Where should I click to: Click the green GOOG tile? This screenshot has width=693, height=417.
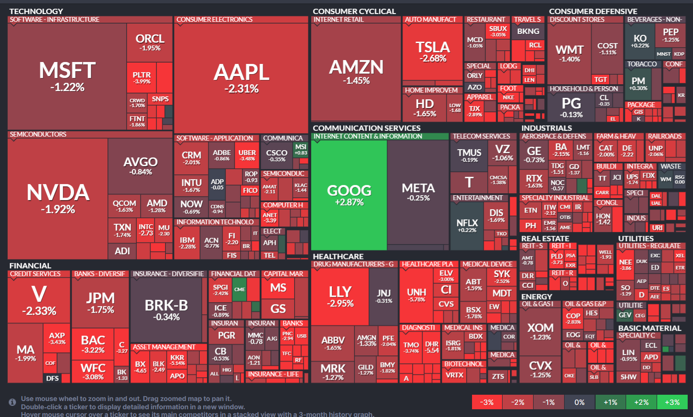(x=349, y=195)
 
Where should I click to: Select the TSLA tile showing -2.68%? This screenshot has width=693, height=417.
(x=432, y=51)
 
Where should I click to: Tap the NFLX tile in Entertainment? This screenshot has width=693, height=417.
(x=467, y=225)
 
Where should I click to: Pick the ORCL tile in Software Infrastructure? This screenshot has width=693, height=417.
(x=150, y=42)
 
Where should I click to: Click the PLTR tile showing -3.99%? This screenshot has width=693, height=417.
(x=142, y=77)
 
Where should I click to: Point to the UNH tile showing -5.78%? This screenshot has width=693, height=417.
(x=416, y=294)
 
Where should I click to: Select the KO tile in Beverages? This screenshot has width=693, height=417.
(x=640, y=41)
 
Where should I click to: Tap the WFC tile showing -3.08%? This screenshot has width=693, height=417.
(x=93, y=371)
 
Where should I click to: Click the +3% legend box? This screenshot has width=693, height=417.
(x=672, y=402)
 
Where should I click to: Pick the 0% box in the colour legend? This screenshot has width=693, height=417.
(x=580, y=402)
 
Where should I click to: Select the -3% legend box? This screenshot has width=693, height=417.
(x=487, y=402)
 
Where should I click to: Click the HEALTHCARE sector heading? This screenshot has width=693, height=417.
(x=338, y=257)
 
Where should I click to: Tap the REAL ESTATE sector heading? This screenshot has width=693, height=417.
(x=545, y=239)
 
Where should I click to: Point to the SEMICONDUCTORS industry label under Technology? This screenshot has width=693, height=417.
(x=38, y=135)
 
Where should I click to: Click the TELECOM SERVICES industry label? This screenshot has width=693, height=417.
(x=481, y=137)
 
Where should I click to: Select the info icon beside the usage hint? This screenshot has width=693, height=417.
(x=13, y=402)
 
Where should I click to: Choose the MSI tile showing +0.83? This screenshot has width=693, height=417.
(x=301, y=149)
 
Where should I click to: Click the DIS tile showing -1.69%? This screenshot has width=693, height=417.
(x=496, y=215)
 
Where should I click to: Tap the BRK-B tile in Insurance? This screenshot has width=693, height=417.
(x=166, y=309)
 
